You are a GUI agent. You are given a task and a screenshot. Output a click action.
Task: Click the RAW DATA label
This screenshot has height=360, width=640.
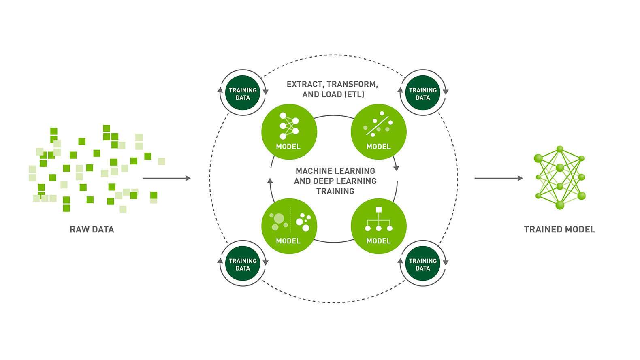coord(92,229)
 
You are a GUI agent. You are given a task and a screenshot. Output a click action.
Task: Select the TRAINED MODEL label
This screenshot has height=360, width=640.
coord(559,229)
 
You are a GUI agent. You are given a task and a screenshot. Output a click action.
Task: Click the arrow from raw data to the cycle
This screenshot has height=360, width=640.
coord(166,178)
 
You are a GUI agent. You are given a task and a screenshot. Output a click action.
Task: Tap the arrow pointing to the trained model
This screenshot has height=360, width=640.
coord(498,178)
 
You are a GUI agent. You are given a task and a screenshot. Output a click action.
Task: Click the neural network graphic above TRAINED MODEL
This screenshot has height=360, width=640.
coord(560,177)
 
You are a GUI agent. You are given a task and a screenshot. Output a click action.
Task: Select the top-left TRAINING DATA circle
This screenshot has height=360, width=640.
coord(243,93)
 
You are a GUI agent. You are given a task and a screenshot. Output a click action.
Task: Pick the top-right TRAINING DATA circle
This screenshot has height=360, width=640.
coord(422,93)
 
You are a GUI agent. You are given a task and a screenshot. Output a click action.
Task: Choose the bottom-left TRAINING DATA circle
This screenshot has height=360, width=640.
coord(243,264)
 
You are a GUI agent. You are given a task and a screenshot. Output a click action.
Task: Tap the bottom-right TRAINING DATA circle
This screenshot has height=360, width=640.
coord(422,264)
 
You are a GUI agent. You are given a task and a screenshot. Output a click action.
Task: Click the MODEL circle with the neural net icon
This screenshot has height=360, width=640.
coord(289,132)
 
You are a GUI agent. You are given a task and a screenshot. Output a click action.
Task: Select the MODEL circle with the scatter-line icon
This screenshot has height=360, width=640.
coord(378,132)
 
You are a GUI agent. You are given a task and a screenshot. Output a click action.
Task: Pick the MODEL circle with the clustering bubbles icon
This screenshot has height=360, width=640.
coord(289,226)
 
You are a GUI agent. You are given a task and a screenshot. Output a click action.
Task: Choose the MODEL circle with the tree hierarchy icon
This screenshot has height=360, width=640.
coord(378,226)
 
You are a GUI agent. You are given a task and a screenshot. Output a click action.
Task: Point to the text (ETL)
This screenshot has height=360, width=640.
coord(354,94)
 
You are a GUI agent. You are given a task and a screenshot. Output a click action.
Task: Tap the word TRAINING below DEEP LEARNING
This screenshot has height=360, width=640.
coord(335,191)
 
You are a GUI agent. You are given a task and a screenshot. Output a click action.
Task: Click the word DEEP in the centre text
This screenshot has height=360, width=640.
coord(324,181)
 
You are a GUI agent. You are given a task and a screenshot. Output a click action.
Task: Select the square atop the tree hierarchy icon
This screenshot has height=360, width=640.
coord(379,210)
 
